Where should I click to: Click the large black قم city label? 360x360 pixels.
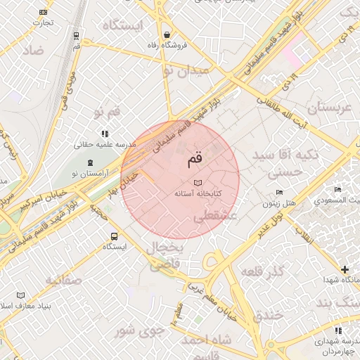pyautogui.click(x=194, y=160)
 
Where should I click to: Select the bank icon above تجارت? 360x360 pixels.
pyautogui.click(x=44, y=12)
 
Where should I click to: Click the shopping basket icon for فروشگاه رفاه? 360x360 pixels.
pyautogui.click(x=167, y=34)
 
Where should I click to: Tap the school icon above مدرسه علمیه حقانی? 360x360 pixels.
pyautogui.click(x=105, y=133)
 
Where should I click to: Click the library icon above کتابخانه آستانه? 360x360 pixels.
pyautogui.click(x=197, y=182)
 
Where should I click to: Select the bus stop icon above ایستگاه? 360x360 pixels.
pyautogui.click(x=115, y=236)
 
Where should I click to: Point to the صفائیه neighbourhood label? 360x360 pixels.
pyautogui.click(x=64, y=279)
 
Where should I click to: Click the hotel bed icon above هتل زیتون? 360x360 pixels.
pyautogui.click(x=279, y=193)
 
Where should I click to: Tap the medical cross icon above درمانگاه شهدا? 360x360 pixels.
pyautogui.click(x=345, y=269)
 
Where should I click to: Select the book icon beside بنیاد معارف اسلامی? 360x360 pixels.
pyautogui.click(x=20, y=295)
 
